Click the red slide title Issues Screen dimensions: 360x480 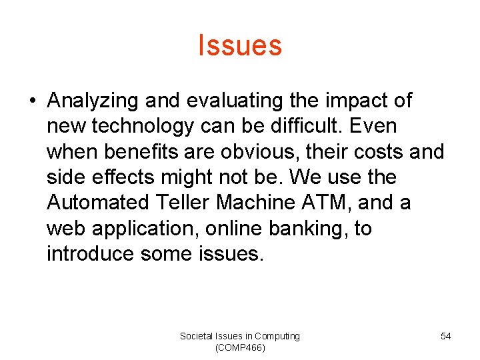240,45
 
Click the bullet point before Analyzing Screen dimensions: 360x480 31,101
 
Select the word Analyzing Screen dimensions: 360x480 93,101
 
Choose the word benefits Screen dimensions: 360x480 142,151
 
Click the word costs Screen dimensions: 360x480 374,151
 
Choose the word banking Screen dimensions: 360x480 306,229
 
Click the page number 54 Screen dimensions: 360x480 445,336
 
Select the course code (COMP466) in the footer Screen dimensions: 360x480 240,348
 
